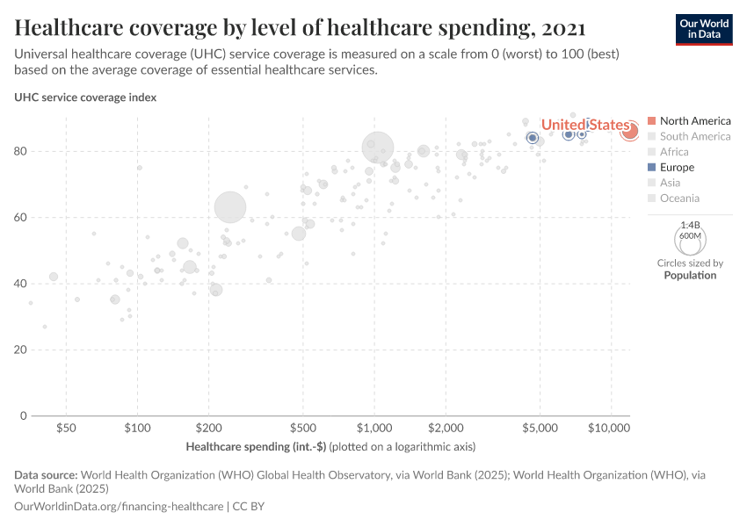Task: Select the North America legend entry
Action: [x=694, y=120]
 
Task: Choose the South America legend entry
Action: [x=694, y=136]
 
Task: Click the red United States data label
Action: [x=585, y=126]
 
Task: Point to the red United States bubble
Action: [x=629, y=131]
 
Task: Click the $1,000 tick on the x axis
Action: [x=374, y=429]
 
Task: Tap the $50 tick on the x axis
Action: [x=66, y=429]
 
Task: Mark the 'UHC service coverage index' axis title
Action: [x=85, y=97]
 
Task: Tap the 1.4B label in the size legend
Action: [x=690, y=226]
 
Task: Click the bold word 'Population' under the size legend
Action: [x=690, y=275]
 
